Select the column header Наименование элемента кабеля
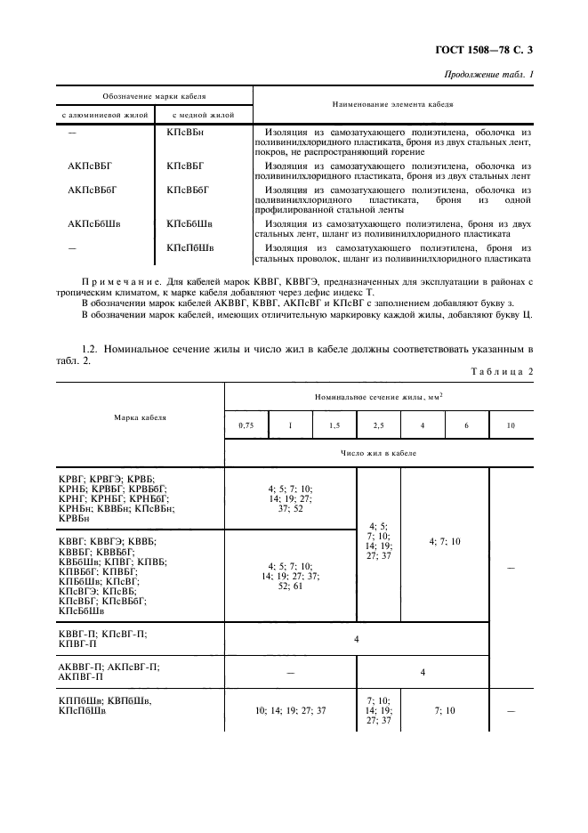pos(392,104)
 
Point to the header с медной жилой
pos(205,116)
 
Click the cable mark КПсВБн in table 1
pos(185,132)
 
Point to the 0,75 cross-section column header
pos(246,425)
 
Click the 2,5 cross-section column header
pos(378,425)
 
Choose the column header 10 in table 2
pos(510,425)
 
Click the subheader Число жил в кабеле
pos(379,453)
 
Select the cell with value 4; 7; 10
pos(445,541)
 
